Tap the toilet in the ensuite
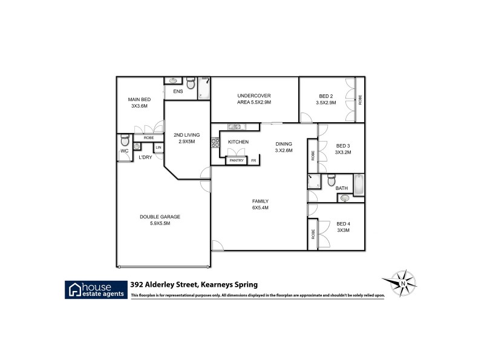coord(191,84)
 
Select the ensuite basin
coord(173,80)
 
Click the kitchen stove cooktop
coord(214,143)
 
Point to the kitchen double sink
coord(235,126)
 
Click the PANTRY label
coord(236,160)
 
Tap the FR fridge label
coord(253,160)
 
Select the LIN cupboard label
coord(159,147)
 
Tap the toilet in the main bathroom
coord(332,180)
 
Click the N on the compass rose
coord(402,282)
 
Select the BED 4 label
coord(343,224)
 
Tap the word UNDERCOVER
coord(253,96)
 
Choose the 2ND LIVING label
coord(186,135)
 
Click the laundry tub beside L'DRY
coord(137,146)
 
